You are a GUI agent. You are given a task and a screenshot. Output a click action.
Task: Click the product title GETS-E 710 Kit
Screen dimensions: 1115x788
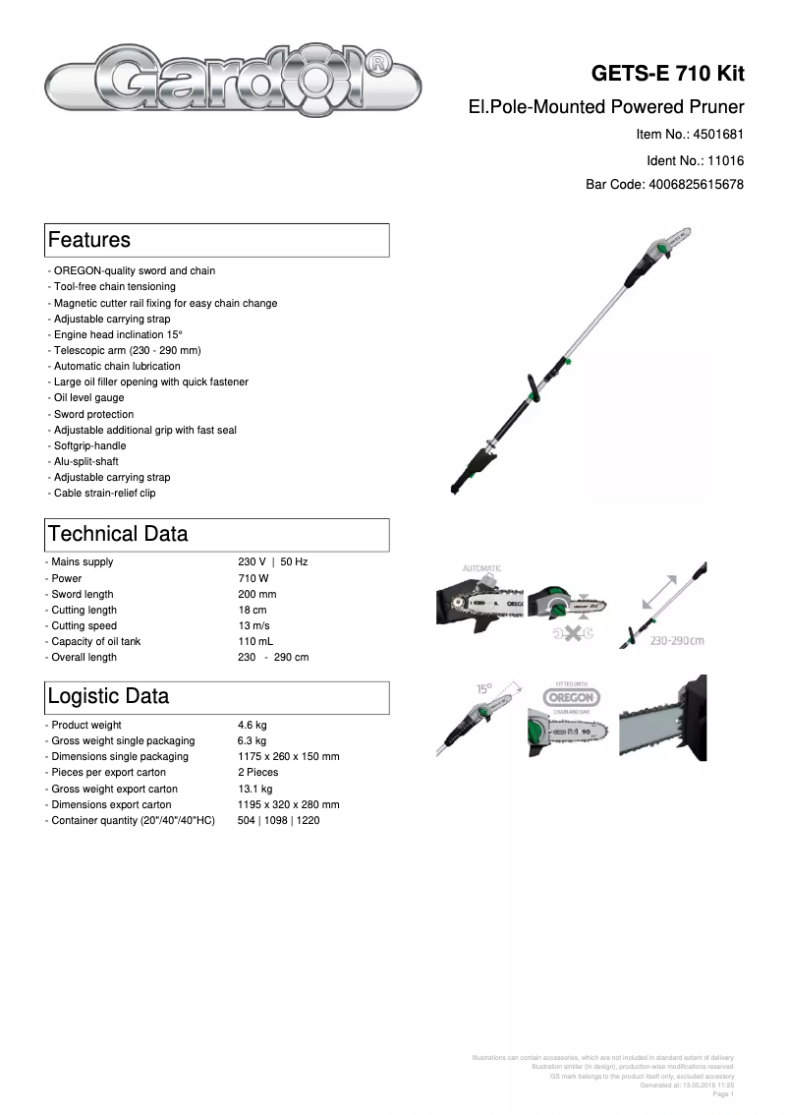tap(667, 75)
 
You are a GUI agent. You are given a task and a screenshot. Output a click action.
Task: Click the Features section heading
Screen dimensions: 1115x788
tap(89, 240)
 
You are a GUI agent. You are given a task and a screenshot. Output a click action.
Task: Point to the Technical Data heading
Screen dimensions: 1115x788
tap(118, 534)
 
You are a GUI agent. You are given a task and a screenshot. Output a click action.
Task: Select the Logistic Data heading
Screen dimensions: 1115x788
tap(108, 696)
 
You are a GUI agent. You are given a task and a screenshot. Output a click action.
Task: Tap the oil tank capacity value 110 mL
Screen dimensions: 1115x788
tap(255, 641)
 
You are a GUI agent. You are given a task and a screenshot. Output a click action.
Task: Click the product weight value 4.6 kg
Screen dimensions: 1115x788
tap(253, 725)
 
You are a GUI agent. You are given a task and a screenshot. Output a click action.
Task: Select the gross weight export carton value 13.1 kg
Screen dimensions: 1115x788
tap(255, 789)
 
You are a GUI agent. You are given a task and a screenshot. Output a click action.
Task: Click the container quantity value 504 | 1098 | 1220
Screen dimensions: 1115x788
tap(278, 820)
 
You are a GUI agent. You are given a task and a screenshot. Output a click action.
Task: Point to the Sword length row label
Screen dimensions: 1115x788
tap(82, 594)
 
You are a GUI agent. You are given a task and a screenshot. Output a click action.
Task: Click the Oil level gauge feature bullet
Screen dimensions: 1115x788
tap(88, 398)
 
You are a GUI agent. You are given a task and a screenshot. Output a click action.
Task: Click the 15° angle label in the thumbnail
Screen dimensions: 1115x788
tap(484, 689)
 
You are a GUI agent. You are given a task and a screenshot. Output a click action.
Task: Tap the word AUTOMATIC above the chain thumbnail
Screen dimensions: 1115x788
tap(481, 568)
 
